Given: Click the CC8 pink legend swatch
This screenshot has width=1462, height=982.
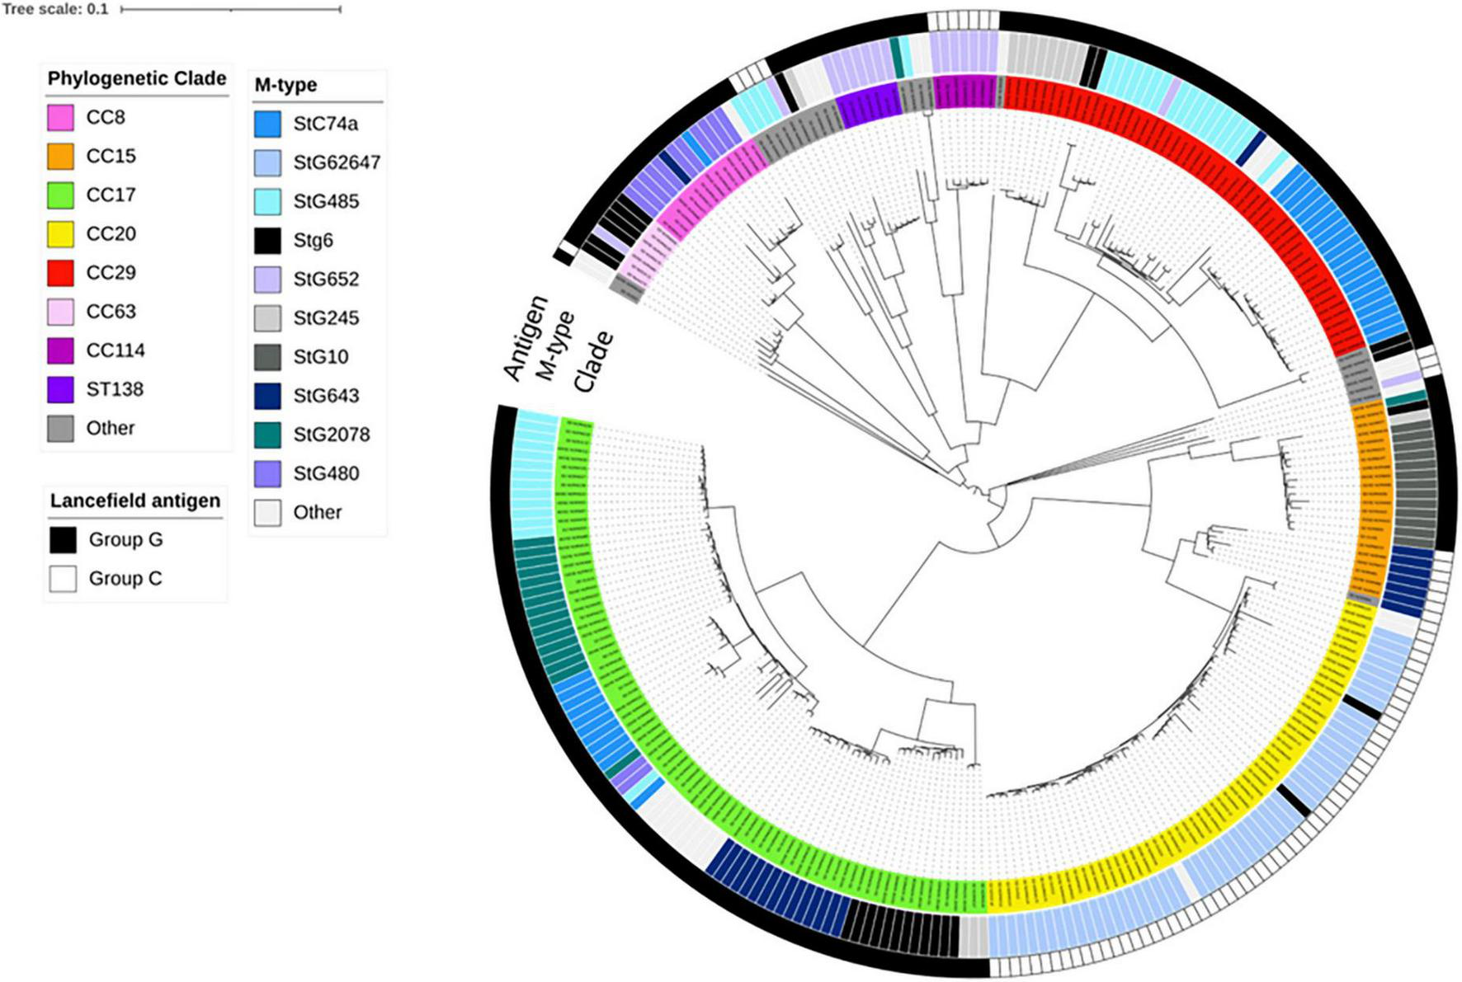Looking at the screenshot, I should click(x=60, y=118).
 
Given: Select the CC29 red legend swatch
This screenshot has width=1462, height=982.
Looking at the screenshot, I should click(x=60, y=273).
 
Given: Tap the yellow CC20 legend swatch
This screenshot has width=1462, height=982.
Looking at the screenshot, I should click(x=60, y=234).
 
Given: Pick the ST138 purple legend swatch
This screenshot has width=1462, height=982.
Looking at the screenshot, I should click(x=60, y=389).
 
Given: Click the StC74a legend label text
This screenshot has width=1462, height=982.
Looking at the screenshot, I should click(x=325, y=124).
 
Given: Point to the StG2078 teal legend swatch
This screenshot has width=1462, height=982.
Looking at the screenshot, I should click(x=267, y=435).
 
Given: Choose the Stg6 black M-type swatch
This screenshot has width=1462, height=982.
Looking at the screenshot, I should click(x=267, y=241).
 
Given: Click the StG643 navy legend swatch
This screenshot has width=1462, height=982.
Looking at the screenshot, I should click(x=267, y=396).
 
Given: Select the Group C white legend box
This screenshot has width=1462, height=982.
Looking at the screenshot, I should click(x=63, y=579).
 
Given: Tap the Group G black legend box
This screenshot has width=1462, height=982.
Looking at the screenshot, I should click(x=63, y=540).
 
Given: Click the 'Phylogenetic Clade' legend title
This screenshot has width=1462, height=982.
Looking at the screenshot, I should click(x=136, y=79).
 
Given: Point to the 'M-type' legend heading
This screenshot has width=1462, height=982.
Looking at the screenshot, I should click(x=285, y=85).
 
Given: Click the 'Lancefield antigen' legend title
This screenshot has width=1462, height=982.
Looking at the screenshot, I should click(x=134, y=501).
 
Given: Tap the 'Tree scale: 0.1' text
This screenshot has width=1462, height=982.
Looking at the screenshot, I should click(x=55, y=10).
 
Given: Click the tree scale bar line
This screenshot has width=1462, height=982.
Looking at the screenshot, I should click(x=230, y=10).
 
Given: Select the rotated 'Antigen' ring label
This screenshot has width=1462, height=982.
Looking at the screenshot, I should click(x=526, y=338).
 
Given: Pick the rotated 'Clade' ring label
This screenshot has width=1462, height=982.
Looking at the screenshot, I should click(x=593, y=362).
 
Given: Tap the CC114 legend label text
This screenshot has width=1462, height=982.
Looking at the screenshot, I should click(x=115, y=350).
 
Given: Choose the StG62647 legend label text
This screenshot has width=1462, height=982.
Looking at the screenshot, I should click(x=337, y=162).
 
